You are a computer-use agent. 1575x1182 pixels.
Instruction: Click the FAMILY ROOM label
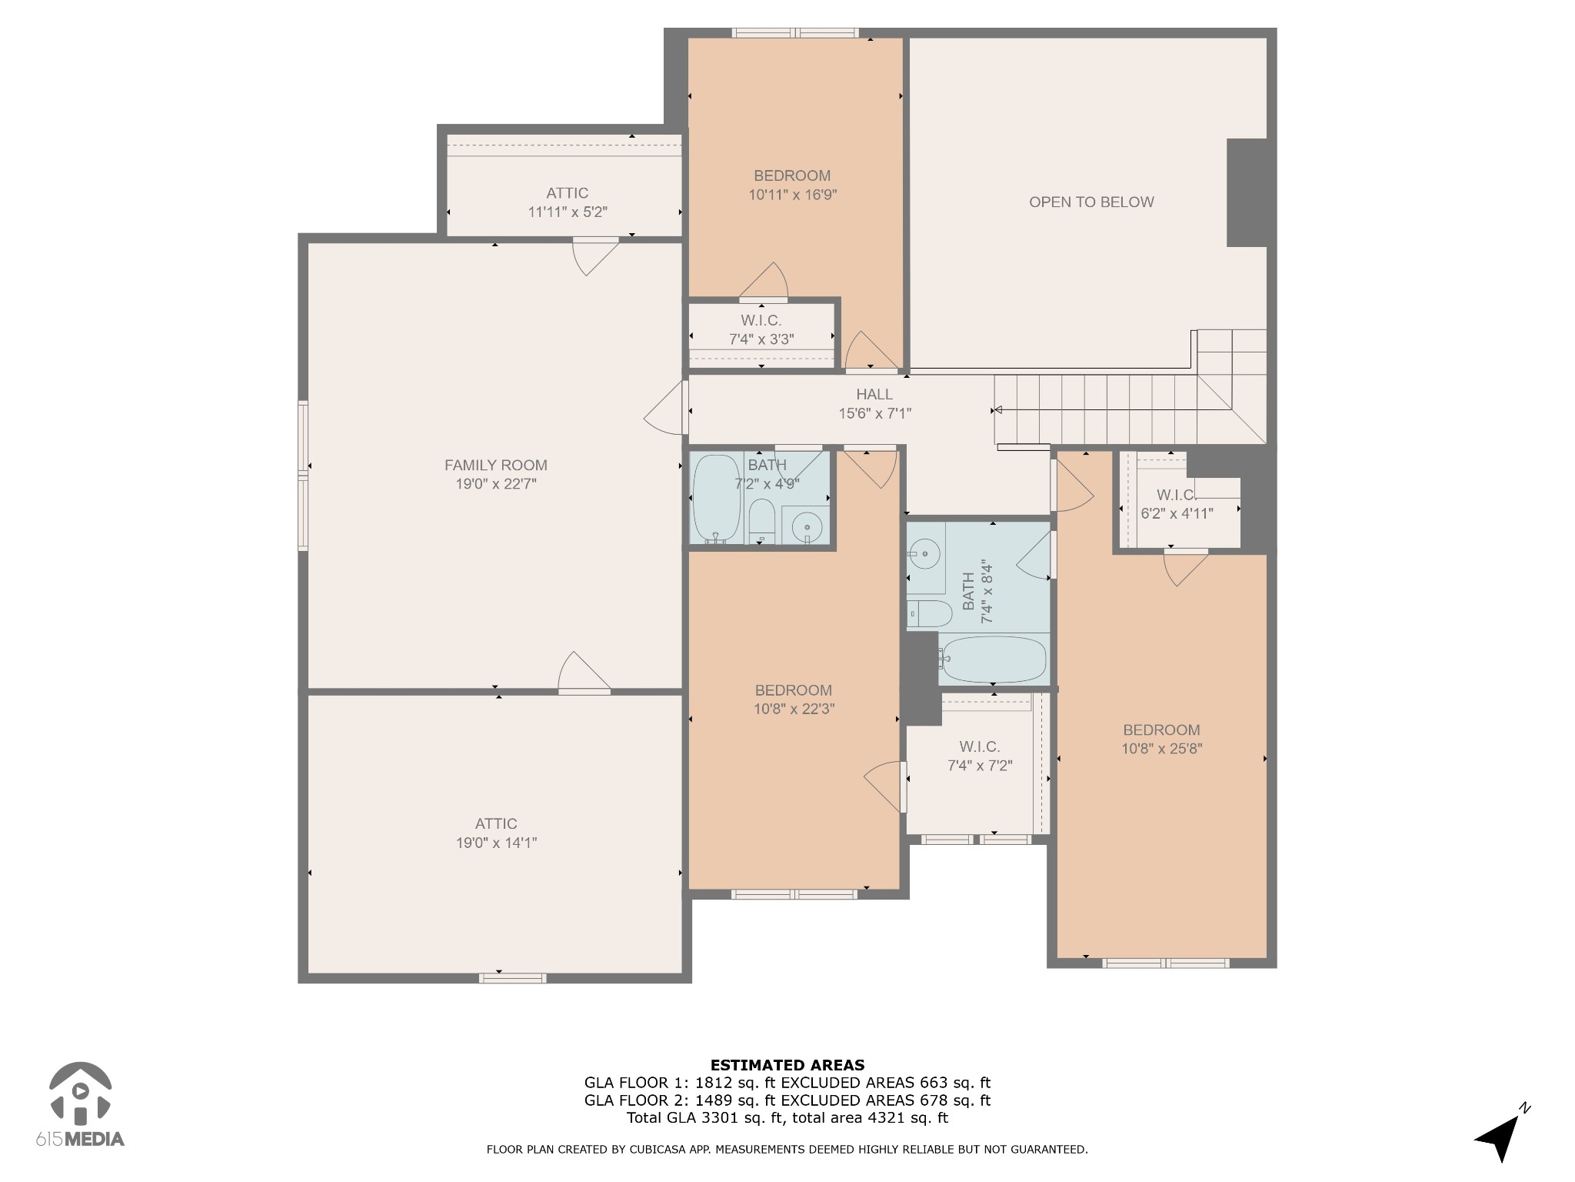[x=496, y=465]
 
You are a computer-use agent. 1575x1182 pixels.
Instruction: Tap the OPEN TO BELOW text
[x=1091, y=202]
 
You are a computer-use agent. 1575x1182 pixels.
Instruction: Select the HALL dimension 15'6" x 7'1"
[x=874, y=413]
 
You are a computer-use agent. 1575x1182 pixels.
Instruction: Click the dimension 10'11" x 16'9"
[x=792, y=195]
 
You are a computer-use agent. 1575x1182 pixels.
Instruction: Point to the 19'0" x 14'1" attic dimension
[x=496, y=843]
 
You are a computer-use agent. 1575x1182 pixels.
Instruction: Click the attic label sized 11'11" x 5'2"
[x=568, y=193]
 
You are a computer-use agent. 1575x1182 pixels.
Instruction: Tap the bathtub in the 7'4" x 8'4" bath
[x=994, y=659]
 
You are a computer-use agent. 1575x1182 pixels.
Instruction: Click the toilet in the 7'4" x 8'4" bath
[x=931, y=614]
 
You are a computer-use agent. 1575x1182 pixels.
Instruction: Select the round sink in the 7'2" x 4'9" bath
[x=805, y=527]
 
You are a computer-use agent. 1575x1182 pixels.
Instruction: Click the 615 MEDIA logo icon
[x=80, y=1092]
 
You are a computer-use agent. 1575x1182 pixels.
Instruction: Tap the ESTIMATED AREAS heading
[x=787, y=1065]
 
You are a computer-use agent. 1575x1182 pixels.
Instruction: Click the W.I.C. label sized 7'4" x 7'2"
[x=980, y=746]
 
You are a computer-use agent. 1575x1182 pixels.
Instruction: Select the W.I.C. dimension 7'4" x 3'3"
[x=761, y=339]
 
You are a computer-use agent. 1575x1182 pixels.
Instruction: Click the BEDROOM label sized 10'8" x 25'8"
[x=1161, y=730]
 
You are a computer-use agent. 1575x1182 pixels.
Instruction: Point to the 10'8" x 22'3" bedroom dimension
[x=794, y=709]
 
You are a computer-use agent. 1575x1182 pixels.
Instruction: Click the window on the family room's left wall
[x=303, y=476]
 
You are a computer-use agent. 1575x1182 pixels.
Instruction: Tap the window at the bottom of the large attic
[x=513, y=978]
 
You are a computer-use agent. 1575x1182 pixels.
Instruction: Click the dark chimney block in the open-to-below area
[x=1247, y=192]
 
